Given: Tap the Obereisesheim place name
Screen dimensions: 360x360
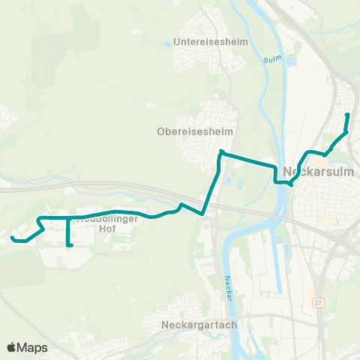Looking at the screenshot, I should click(x=195, y=131).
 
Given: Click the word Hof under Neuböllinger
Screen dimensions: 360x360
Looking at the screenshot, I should click(x=107, y=230).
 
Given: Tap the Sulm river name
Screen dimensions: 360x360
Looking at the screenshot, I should click(x=271, y=58).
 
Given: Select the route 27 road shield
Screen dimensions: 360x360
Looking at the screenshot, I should click(x=318, y=301).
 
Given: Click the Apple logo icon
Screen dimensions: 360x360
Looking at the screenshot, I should click(x=11, y=347).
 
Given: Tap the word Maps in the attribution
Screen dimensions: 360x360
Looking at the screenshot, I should click(x=34, y=347).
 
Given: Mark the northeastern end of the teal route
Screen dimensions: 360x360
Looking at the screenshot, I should click(x=346, y=115).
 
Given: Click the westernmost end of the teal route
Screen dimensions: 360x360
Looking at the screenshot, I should click(x=12, y=238).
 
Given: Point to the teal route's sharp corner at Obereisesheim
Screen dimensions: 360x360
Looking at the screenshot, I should click(x=221, y=152).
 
